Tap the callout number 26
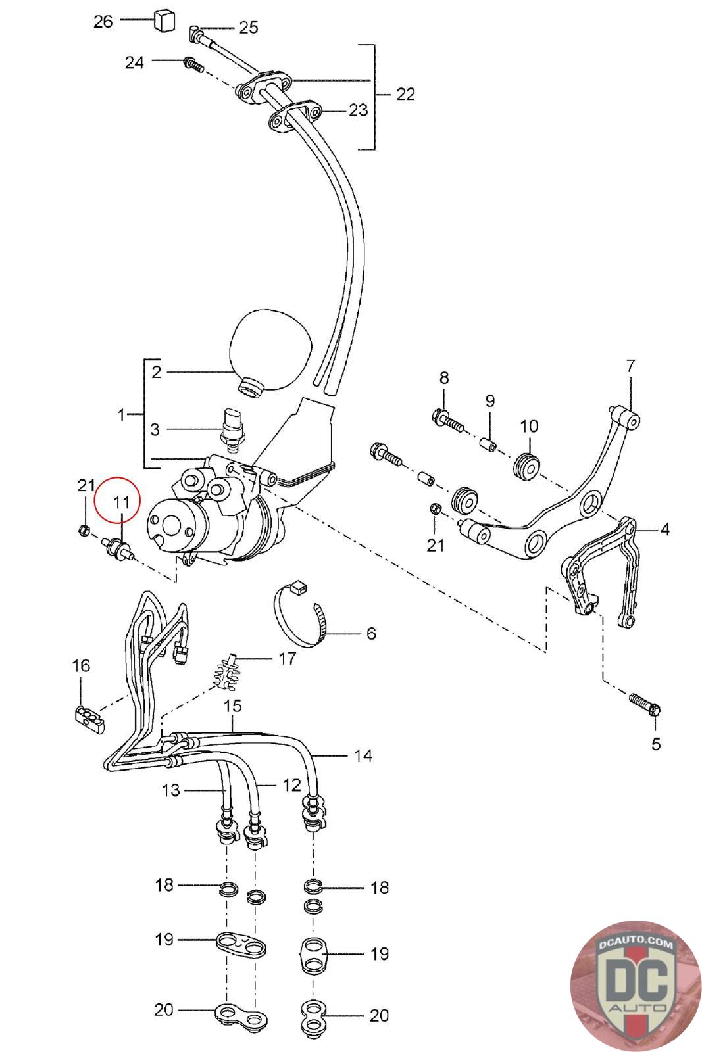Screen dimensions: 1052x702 [103, 22]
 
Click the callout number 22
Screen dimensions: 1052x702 [406, 94]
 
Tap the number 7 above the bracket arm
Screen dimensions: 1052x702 [630, 366]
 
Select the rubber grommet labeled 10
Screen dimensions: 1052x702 [528, 465]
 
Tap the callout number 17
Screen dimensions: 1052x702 [287, 657]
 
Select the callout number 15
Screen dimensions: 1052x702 [233, 705]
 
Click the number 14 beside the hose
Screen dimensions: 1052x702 [363, 755]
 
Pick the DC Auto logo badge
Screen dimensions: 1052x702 [636, 985]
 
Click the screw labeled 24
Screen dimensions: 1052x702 [192, 64]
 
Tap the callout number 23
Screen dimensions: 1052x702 [358, 110]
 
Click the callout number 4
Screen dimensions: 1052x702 [664, 529]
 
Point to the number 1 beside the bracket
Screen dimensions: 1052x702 [121, 415]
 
